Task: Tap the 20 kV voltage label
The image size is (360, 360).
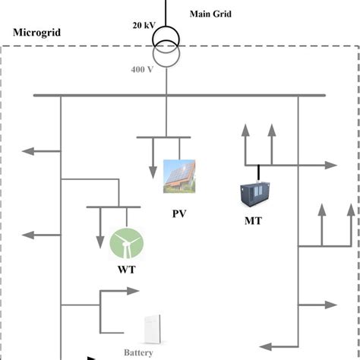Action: coord(142,25)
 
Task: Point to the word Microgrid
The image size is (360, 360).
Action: coord(37,36)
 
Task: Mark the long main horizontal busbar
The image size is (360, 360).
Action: coord(178,96)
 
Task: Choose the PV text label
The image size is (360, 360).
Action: coord(179,213)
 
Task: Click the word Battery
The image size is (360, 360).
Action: coord(139,352)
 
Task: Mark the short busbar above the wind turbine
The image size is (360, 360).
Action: coord(113,207)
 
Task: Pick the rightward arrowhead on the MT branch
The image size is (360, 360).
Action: coord(331,165)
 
